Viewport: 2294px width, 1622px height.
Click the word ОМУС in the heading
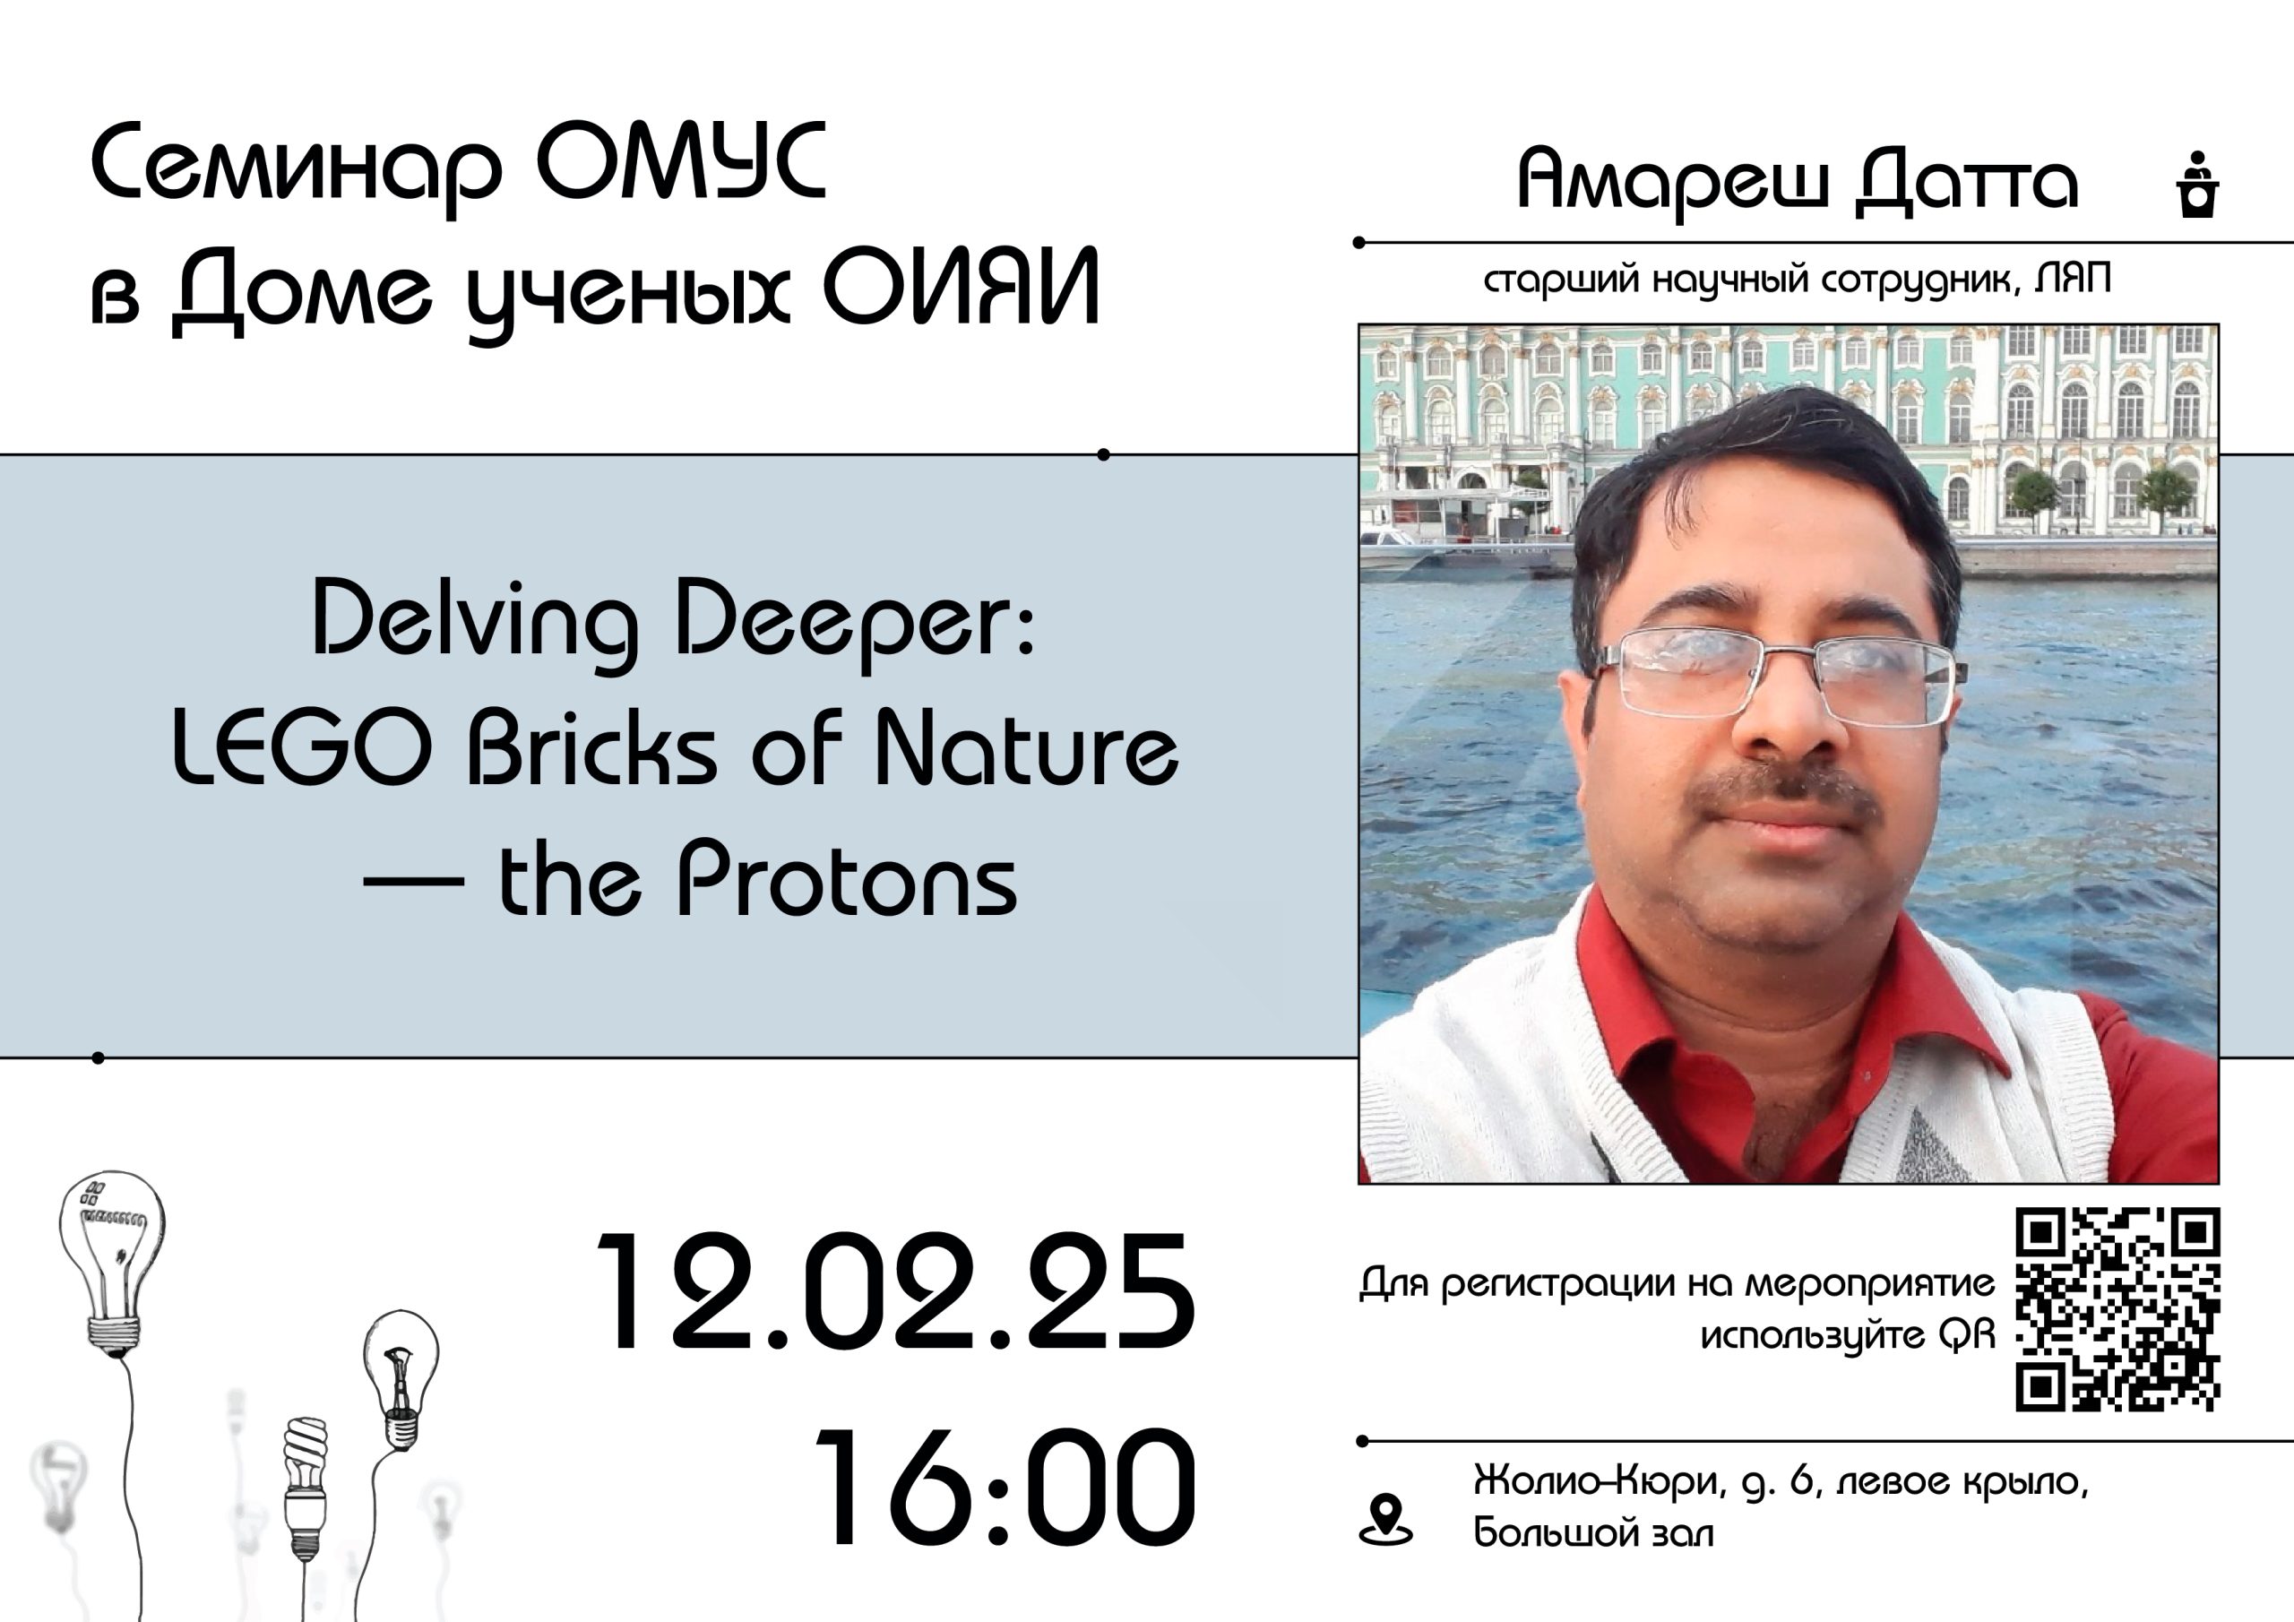[x=680, y=162]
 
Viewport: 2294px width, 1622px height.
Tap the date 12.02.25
[x=895, y=1293]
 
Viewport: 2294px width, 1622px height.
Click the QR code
[x=2117, y=1310]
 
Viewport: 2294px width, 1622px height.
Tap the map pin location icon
[x=1385, y=1520]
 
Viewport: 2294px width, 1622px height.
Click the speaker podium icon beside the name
[x=2197, y=184]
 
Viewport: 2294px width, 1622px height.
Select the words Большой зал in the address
[x=1593, y=1533]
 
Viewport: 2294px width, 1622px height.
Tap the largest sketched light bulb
[x=112, y=1264]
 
